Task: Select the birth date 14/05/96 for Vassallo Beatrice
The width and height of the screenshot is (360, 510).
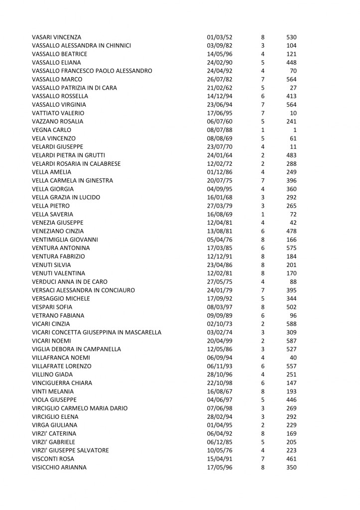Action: (220, 54)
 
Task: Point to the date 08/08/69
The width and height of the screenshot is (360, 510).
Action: (220, 138)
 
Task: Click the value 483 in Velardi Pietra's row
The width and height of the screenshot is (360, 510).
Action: (291, 155)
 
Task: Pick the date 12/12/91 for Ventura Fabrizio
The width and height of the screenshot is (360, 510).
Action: (220, 256)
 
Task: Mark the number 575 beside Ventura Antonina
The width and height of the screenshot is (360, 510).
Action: (291, 248)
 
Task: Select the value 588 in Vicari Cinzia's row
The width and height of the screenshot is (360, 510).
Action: (291, 324)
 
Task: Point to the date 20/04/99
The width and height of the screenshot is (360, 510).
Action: (220, 341)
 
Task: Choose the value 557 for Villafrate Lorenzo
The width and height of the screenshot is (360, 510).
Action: (291, 366)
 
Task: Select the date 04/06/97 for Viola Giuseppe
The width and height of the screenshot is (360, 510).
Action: (220, 400)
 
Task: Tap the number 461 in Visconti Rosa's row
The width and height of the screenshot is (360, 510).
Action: (291, 459)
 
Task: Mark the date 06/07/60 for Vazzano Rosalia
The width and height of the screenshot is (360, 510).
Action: (220, 122)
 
